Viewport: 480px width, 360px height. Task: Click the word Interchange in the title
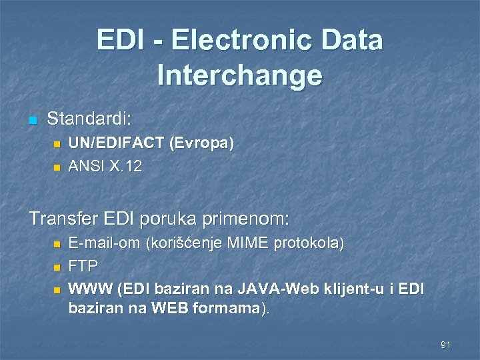240,75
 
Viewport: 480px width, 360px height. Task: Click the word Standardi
89,120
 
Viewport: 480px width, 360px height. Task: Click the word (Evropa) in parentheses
201,144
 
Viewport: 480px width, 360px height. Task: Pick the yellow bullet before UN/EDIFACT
57,144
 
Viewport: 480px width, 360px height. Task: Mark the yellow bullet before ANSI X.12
57,167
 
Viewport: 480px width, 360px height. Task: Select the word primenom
249,219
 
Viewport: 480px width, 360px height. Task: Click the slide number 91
446,345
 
